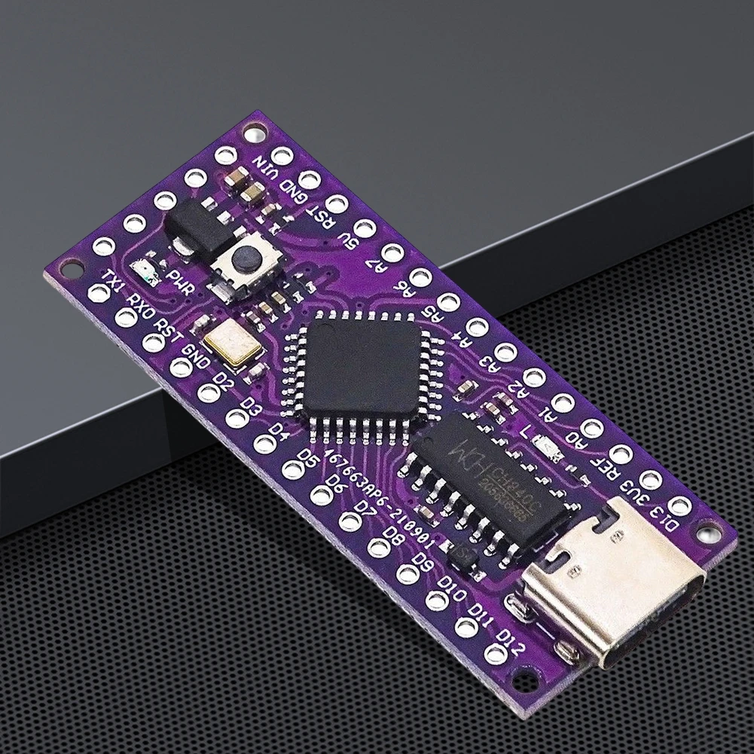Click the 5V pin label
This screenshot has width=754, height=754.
[x=349, y=240]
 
